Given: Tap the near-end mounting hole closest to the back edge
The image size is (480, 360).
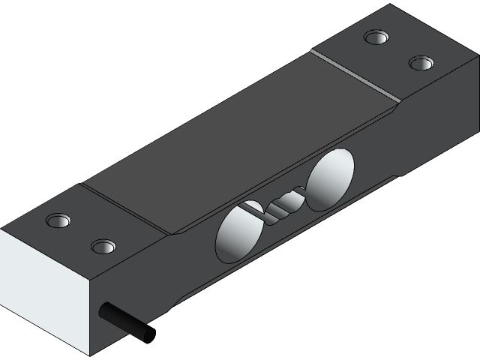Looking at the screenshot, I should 58,220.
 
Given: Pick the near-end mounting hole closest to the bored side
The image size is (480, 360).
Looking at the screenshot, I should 103,246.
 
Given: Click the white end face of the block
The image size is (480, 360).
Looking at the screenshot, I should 45,292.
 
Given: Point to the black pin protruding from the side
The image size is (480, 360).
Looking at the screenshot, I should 127,320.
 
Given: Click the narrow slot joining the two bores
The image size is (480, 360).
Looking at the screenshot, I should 279,204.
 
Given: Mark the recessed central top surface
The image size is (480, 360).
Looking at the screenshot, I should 240,142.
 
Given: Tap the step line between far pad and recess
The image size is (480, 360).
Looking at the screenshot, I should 353,76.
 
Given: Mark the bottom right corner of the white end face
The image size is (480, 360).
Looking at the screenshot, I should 91,355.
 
